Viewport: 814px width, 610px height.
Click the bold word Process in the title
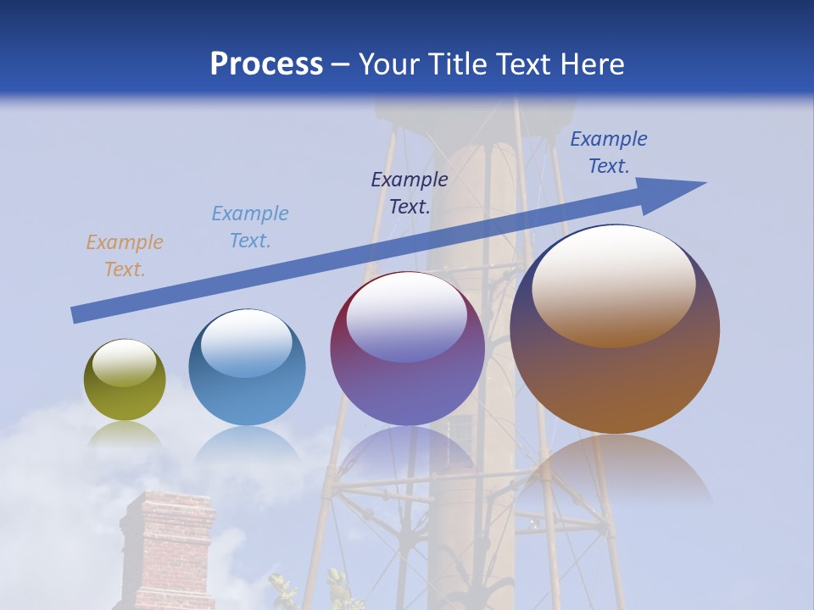(266, 64)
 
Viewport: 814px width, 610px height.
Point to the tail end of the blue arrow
(76, 314)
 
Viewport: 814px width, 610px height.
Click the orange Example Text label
(124, 256)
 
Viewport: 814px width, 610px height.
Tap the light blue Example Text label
(249, 226)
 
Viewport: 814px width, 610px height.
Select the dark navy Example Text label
(409, 192)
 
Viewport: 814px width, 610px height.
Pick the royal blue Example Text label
(608, 152)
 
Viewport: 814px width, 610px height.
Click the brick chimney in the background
(167, 551)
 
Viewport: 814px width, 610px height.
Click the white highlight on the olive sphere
(124, 363)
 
